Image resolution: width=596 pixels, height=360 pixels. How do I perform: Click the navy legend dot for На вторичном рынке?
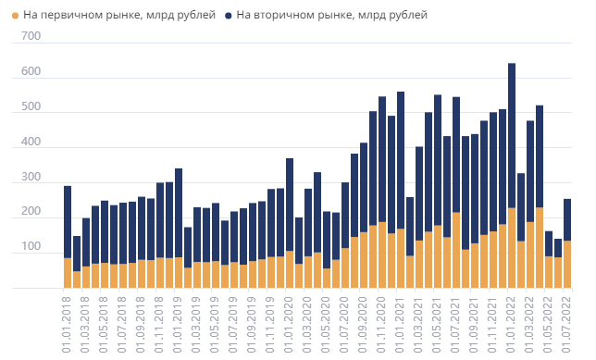228,16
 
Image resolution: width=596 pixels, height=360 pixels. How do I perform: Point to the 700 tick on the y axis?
31,36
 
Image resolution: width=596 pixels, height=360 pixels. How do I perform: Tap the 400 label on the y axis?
31,143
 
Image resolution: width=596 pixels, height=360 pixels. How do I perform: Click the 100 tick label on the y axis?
31,247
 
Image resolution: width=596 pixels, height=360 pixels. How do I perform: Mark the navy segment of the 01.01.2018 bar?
68,222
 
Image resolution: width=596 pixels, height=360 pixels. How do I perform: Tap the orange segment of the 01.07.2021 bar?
456,250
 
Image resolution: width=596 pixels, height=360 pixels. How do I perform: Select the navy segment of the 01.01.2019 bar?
179,213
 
